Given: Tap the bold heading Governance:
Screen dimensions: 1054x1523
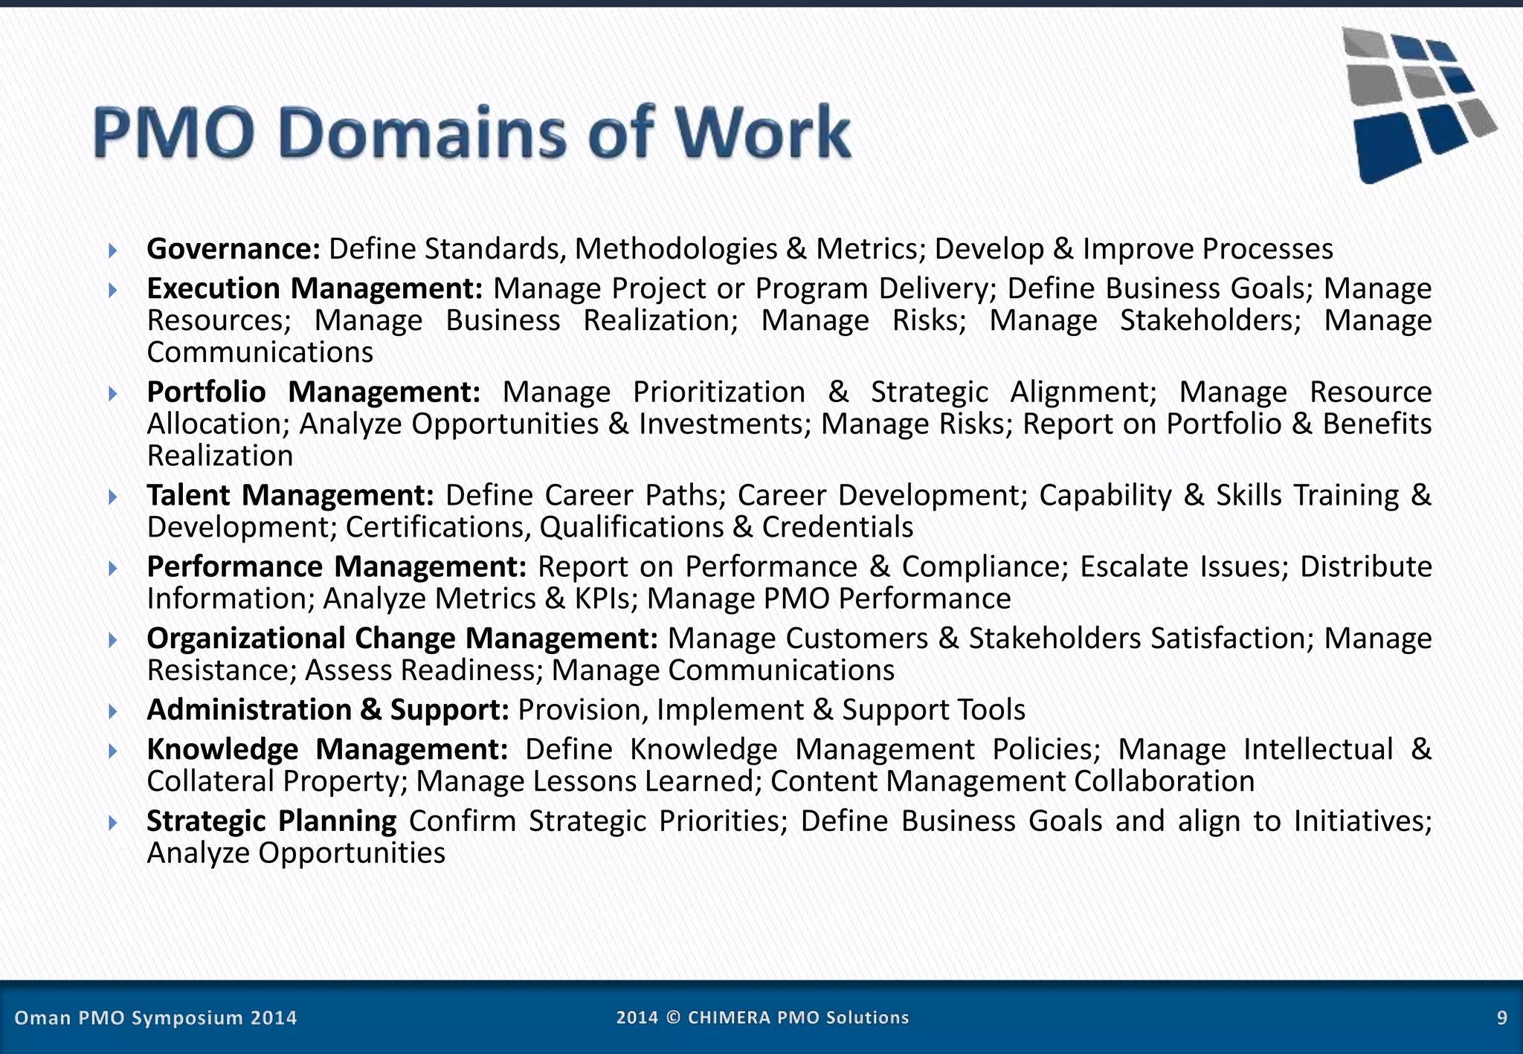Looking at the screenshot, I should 234,249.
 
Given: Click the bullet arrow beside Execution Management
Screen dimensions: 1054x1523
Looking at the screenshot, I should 112,289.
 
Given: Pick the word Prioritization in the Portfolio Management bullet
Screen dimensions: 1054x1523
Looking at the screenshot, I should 718,392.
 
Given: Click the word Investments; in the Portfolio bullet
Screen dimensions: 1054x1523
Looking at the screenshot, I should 725,424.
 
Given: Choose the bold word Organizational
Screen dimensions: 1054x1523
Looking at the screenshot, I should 246,638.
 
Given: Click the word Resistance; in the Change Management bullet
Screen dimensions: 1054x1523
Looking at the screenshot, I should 222,670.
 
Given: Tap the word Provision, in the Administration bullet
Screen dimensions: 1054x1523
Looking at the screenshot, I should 582,710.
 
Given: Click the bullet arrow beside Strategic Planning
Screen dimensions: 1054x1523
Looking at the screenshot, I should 112,822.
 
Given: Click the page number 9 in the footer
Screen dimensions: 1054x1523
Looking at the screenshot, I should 1501,1018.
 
